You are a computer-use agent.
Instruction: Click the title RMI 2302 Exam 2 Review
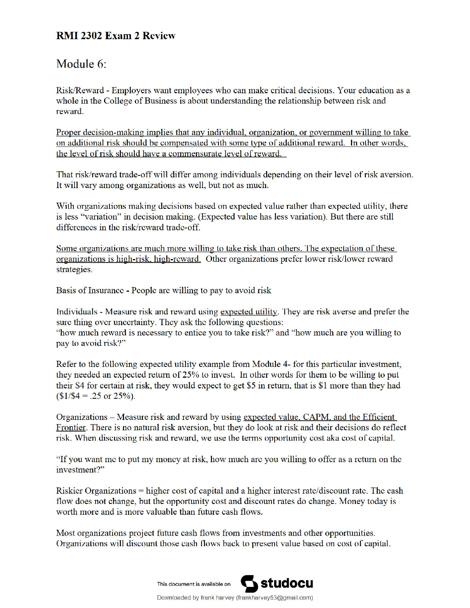[116, 36]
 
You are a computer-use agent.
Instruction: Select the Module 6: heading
[81, 64]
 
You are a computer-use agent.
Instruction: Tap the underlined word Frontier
[71, 428]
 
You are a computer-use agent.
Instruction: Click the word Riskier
[69, 491]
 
